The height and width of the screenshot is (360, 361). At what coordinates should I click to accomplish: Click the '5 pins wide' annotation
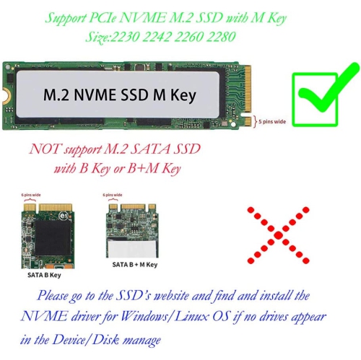[x=273, y=122]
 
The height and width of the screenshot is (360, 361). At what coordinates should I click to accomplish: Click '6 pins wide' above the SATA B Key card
[x=31, y=196]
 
